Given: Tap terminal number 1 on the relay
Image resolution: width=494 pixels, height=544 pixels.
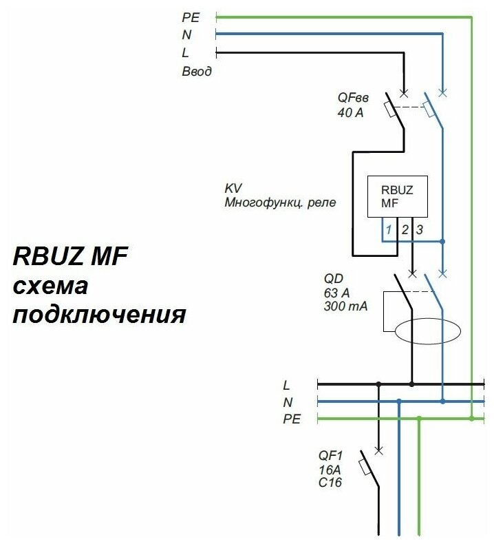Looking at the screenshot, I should [389, 229].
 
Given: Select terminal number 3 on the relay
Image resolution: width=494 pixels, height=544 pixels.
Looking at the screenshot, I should [419, 229].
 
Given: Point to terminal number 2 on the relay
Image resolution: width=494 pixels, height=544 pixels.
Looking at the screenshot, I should [405, 229].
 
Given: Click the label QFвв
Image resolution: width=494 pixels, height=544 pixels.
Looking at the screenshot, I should [352, 98].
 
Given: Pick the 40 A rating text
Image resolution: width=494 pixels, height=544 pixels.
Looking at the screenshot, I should [350, 112].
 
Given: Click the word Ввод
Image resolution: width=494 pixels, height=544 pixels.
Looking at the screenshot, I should [197, 71].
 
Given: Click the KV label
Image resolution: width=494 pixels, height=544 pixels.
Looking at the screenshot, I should [233, 189].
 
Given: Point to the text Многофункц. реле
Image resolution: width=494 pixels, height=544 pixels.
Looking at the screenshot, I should [279, 203].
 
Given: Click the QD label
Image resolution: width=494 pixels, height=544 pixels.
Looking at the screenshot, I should [333, 279].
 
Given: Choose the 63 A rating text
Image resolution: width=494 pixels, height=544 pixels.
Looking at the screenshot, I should [337, 293].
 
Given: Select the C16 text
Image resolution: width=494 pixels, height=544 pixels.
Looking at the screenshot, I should [330, 483].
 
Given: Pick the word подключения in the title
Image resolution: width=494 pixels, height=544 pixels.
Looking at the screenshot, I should [99, 315].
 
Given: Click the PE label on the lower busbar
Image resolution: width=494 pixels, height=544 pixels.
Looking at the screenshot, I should [292, 419].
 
